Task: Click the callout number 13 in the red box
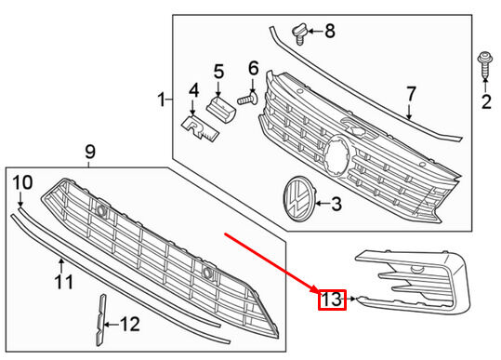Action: (331, 300)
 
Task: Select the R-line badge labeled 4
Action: (200, 128)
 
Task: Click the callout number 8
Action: (330, 31)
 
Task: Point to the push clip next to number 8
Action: (299, 33)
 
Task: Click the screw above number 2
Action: (485, 65)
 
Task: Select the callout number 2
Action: (486, 101)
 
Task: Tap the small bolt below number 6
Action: (248, 99)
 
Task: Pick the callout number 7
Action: (411, 93)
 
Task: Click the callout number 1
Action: (162, 100)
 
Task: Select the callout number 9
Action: (90, 152)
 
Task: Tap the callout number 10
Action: (22, 182)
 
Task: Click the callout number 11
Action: (64, 282)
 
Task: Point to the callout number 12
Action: (130, 325)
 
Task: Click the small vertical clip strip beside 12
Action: (100, 320)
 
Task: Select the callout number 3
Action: (336, 204)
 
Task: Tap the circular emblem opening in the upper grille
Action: (336, 156)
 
